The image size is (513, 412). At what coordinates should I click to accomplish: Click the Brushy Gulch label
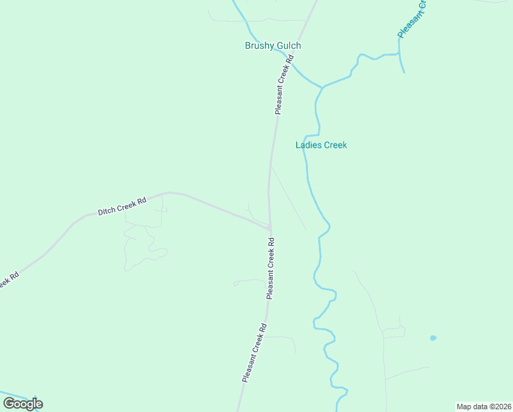tap(273, 46)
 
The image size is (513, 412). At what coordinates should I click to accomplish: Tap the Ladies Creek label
tap(321, 145)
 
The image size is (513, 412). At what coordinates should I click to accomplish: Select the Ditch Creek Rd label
tap(122, 207)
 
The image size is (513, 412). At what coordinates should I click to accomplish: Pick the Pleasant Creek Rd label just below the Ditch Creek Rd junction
tap(271, 268)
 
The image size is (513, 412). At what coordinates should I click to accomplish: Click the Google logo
tap(23, 404)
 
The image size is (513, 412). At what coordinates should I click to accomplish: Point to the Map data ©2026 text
tap(484, 406)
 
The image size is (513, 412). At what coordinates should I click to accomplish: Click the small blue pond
tap(433, 338)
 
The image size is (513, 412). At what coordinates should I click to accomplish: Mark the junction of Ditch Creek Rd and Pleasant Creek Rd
tap(270, 228)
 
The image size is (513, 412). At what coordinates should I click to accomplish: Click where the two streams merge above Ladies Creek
tap(322, 87)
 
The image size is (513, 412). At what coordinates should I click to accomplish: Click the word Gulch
tap(288, 46)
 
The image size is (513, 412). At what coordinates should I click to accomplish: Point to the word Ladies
tap(308, 145)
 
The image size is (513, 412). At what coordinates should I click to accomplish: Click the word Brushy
tap(259, 46)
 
